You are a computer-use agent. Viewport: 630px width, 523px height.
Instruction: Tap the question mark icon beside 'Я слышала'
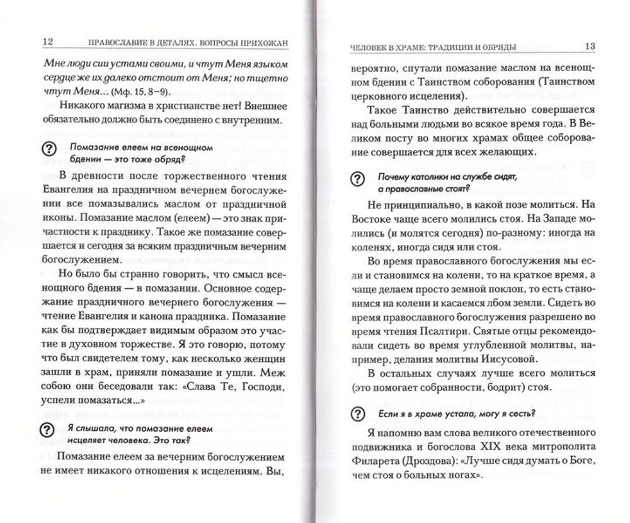[47, 430]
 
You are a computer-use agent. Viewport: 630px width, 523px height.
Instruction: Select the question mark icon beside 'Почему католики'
[357, 180]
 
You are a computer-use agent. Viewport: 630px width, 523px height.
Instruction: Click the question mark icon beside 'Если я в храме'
[357, 413]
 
